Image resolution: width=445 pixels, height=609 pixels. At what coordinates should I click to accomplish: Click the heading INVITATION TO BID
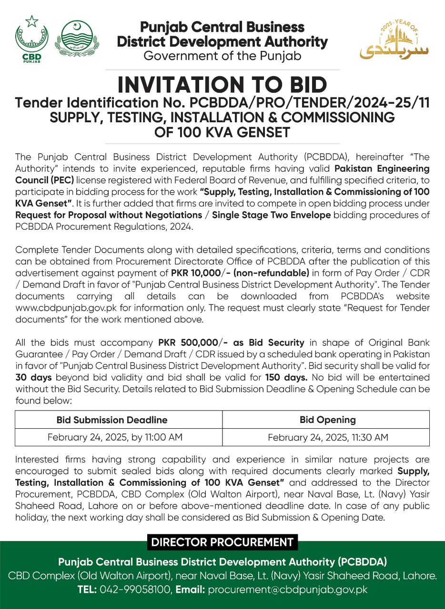[x=222, y=85]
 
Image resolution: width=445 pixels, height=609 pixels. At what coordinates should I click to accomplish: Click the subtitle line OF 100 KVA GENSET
[x=222, y=131]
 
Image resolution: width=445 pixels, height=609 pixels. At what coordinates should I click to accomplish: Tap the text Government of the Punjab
[x=222, y=56]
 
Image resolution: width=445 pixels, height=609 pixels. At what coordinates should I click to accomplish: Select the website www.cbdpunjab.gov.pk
[x=61, y=308]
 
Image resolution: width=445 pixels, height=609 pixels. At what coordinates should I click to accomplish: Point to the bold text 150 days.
[x=285, y=377]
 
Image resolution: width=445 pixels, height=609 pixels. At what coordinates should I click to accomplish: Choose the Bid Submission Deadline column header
[x=112, y=420]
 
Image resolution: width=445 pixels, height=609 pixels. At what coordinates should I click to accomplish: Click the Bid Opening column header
[x=328, y=420]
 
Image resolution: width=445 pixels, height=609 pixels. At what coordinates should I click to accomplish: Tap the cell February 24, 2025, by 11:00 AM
[x=115, y=437]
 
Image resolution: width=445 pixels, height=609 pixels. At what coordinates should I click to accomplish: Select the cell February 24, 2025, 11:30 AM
[x=328, y=437]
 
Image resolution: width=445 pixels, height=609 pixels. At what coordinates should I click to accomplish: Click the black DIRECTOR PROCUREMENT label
[x=222, y=542]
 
